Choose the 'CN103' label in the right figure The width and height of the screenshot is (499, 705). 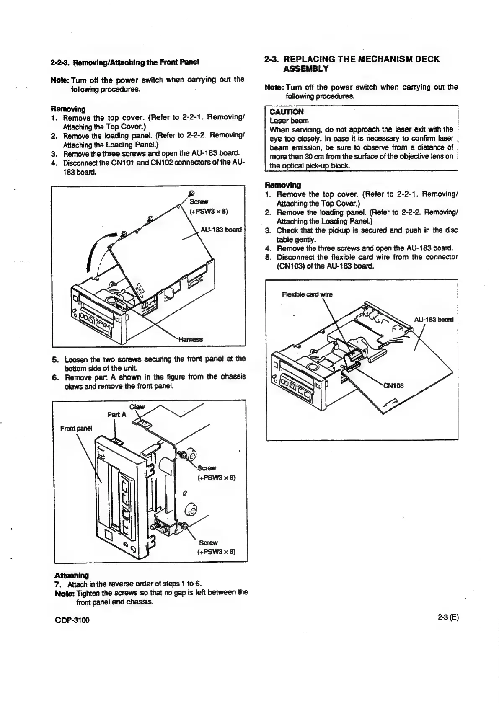pos(393,386)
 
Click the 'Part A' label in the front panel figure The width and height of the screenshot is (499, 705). pos(116,415)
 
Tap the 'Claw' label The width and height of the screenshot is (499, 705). pos(137,407)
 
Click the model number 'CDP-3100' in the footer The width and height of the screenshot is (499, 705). pos(72,620)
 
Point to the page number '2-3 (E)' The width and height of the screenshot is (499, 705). pos(448,617)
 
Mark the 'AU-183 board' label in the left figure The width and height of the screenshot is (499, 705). pos(221,230)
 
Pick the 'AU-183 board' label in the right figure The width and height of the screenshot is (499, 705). pos(434,320)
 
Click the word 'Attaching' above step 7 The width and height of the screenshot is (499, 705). pos(72,575)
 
